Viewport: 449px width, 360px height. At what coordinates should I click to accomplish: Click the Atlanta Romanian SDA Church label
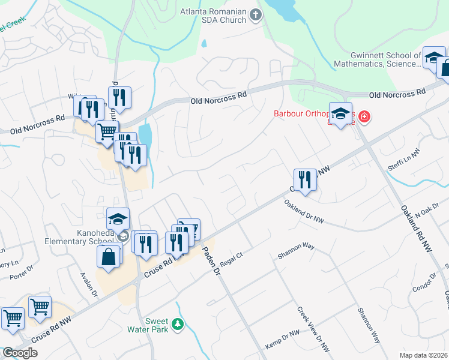click(x=213, y=16)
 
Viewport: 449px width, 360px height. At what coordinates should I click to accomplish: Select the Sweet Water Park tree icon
click(x=177, y=325)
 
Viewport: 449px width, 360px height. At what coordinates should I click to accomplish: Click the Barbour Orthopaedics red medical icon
click(x=364, y=114)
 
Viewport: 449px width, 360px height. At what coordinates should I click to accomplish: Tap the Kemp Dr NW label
click(x=282, y=341)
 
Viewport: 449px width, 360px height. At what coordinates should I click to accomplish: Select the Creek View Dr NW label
click(x=313, y=329)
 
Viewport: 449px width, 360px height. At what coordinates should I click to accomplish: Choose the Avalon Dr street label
click(x=92, y=282)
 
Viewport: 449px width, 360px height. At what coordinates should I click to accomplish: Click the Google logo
click(x=20, y=352)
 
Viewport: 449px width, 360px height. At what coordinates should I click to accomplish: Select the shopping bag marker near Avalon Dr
click(x=109, y=256)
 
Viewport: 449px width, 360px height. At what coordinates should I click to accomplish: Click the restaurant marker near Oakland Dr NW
click(x=305, y=179)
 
